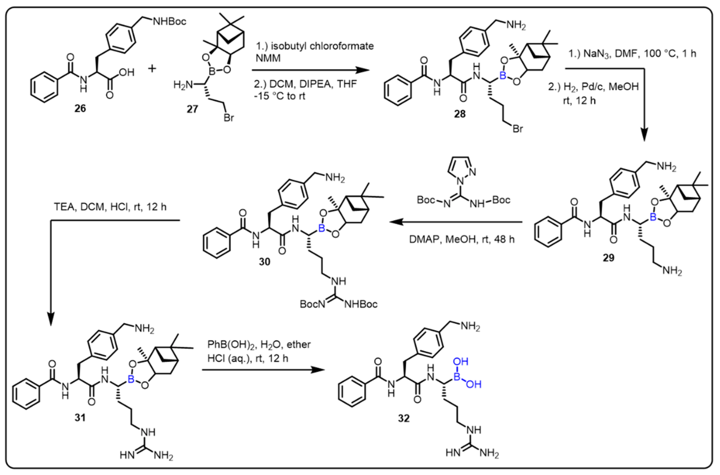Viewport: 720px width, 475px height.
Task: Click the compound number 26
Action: pos(80,108)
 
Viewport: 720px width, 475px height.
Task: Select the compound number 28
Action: pos(460,114)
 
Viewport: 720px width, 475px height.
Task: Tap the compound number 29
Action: pos(609,258)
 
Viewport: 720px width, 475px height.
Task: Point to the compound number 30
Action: pos(264,261)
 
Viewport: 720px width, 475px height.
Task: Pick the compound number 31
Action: pos(80,418)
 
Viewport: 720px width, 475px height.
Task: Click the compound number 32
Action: pos(404,418)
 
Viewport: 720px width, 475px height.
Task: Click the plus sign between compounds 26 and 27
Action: pos(152,69)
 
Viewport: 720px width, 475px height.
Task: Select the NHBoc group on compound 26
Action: pos(170,22)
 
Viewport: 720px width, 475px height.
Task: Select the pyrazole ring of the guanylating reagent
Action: pos(461,167)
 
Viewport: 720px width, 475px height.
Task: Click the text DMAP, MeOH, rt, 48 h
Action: pos(461,239)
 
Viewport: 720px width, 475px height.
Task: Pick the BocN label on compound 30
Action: pos(312,304)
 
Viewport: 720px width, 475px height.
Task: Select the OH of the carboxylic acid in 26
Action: pos(127,73)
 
